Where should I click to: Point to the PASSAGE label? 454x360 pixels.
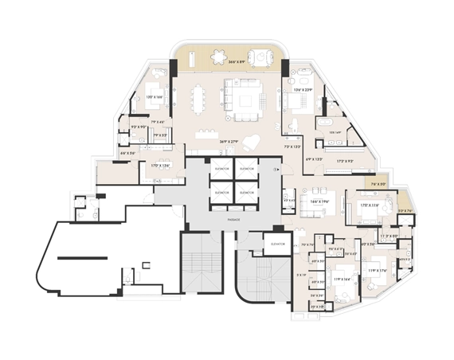[x=234, y=218]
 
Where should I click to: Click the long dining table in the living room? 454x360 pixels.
[x=198, y=100]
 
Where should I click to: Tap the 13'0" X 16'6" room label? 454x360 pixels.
[x=155, y=96]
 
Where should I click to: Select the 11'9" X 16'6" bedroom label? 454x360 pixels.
[x=342, y=278]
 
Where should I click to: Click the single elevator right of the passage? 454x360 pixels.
[x=278, y=244]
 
